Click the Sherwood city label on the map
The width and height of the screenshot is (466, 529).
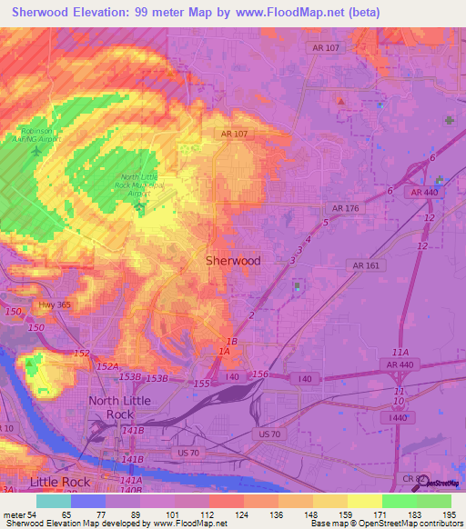tap(232, 260)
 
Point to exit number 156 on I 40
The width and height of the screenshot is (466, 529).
tap(260, 374)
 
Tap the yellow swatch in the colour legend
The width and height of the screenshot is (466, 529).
tap(364, 501)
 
